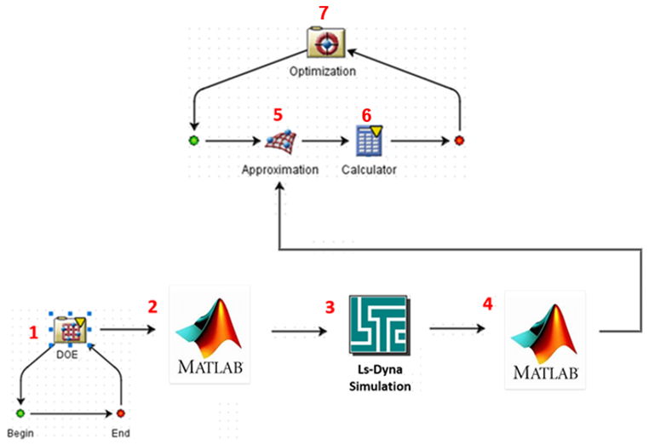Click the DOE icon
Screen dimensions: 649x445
pos(70,329)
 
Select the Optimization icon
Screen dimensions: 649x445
pos(325,42)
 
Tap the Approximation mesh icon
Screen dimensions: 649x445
pos(281,142)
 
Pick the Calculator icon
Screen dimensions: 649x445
pos(369,141)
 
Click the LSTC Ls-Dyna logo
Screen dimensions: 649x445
pos(380,326)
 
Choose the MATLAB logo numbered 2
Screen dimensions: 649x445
pos(210,335)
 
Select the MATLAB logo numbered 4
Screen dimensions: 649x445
pos(545,341)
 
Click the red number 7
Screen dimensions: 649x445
pos(324,13)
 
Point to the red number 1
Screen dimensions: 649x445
pos(33,332)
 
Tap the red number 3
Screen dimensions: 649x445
pos(330,307)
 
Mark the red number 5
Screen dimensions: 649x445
pos(279,115)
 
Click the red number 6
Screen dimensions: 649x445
pos(367,116)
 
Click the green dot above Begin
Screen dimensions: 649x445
pos(20,413)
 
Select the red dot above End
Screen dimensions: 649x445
pos(120,413)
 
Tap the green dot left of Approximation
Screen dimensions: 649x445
pos(193,141)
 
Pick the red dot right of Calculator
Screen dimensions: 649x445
pos(459,141)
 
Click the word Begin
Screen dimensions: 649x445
pos(20,433)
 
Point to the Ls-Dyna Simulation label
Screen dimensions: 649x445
pos(380,378)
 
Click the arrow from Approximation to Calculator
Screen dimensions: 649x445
pos(325,141)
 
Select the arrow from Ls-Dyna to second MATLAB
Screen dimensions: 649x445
pos(457,328)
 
